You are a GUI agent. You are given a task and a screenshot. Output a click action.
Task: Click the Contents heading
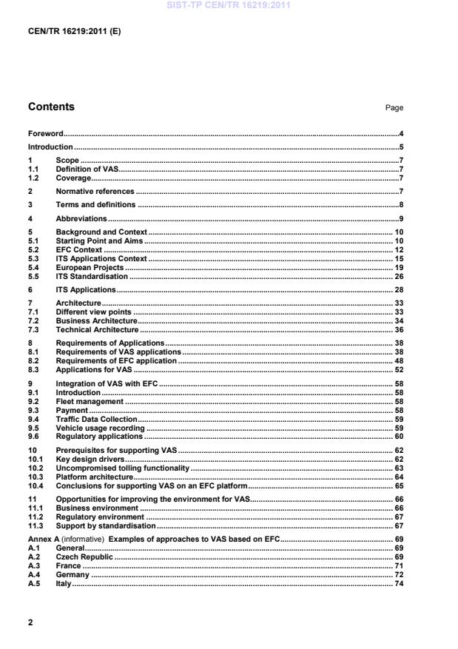point(51,107)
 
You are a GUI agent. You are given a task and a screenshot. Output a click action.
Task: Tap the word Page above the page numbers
point(394,108)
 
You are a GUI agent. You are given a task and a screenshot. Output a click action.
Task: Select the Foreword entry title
point(45,134)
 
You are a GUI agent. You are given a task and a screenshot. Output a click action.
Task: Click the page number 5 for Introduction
point(400,147)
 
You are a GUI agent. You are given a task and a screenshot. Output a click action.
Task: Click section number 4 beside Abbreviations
point(30,219)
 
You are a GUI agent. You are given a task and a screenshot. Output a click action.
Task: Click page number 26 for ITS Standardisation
point(398,276)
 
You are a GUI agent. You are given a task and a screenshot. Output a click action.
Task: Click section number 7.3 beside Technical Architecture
point(34,330)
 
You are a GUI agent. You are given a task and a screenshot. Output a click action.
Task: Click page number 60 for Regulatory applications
point(398,437)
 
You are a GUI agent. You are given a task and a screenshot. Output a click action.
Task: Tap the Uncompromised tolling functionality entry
point(123,468)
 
